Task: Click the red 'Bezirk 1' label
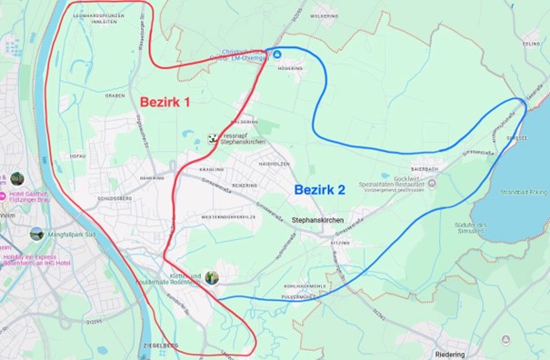pyautogui.click(x=164, y=103)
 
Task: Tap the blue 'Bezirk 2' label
pyautogui.click(x=319, y=190)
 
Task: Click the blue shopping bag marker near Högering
pyautogui.click(x=277, y=54)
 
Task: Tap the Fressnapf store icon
pyautogui.click(x=213, y=138)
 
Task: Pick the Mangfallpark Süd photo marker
pyautogui.click(x=36, y=234)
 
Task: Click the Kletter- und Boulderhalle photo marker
pyautogui.click(x=211, y=277)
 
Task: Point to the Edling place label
pyautogui.click(x=531, y=42)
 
